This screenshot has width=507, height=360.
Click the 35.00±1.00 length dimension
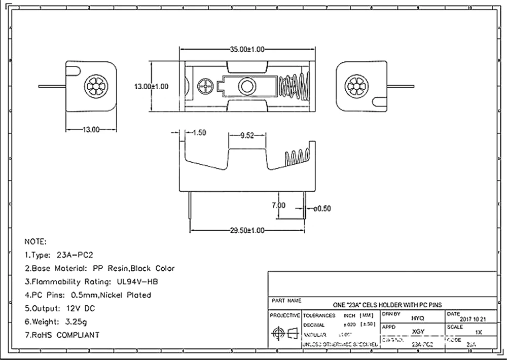pyautogui.click(x=247, y=50)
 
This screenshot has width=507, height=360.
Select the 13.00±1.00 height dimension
pyautogui.click(x=151, y=87)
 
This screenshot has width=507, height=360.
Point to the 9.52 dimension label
pyautogui.click(x=247, y=135)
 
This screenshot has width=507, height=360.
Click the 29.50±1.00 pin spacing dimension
pyautogui.click(x=247, y=231)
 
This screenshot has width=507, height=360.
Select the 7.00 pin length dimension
pyautogui.click(x=279, y=205)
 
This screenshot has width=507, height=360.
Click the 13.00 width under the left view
pyautogui.click(x=91, y=130)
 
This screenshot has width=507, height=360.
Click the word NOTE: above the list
pyautogui.click(x=35, y=241)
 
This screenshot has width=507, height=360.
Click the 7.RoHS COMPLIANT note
pyautogui.click(x=62, y=335)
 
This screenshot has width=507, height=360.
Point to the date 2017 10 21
pyautogui.click(x=473, y=319)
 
